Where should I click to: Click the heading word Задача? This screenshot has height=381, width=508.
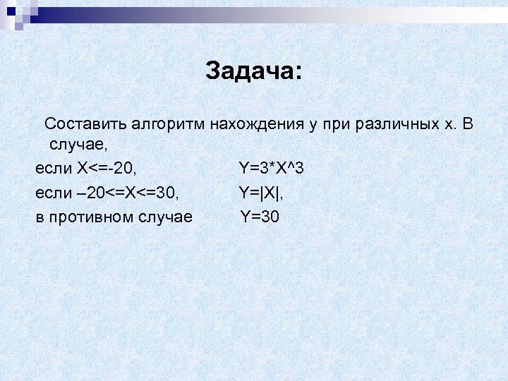point(253,71)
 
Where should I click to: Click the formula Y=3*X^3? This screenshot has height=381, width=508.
point(271,169)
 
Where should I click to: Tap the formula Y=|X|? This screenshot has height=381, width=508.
point(262,193)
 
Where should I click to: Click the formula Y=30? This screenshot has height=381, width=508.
point(260,217)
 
